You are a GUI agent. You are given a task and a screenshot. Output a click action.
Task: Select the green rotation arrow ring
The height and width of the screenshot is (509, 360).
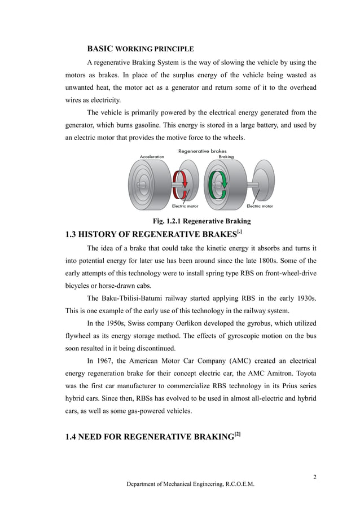point(217,185)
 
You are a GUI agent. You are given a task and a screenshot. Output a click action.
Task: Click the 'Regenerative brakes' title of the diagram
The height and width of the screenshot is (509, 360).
point(201,151)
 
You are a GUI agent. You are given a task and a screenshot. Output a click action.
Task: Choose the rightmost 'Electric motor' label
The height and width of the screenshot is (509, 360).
point(260,206)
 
